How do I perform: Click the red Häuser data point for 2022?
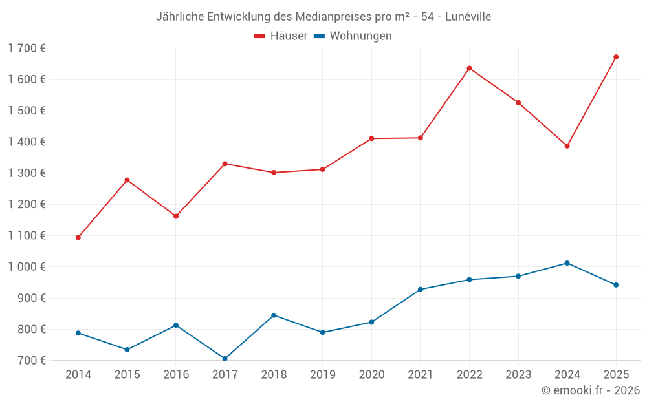click(x=469, y=69)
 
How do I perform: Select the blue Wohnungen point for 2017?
click(x=225, y=359)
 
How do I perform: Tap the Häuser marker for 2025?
click(x=616, y=57)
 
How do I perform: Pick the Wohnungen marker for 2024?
click(x=567, y=263)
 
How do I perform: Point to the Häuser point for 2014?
click(x=78, y=237)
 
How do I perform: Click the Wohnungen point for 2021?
click(x=421, y=290)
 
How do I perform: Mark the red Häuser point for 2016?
click(x=176, y=216)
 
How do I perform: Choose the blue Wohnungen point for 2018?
click(x=274, y=315)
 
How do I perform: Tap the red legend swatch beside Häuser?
click(x=260, y=36)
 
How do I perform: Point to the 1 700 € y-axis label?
click(x=27, y=48)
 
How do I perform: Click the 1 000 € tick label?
click(x=27, y=267)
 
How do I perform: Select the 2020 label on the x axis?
click(x=371, y=375)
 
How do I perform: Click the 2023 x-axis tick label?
click(x=518, y=375)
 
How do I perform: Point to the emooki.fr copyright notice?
click(x=590, y=390)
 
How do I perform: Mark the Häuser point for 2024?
click(x=567, y=146)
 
